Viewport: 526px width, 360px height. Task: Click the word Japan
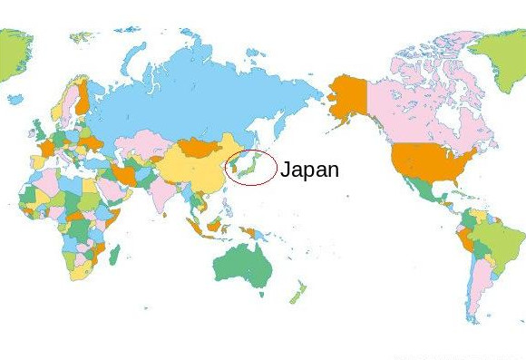[309, 170]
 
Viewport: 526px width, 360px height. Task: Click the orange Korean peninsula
[235, 166]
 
